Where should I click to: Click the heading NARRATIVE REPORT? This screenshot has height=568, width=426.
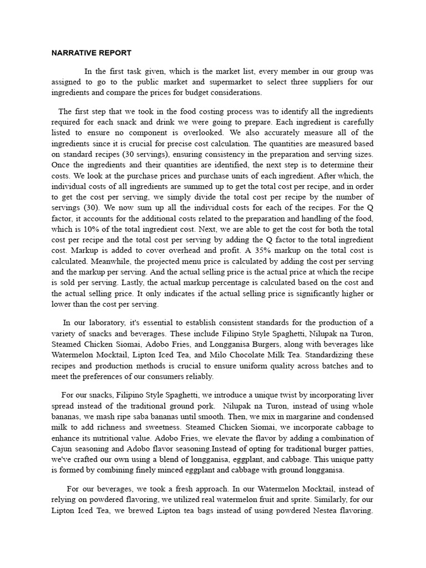coord(92,53)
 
